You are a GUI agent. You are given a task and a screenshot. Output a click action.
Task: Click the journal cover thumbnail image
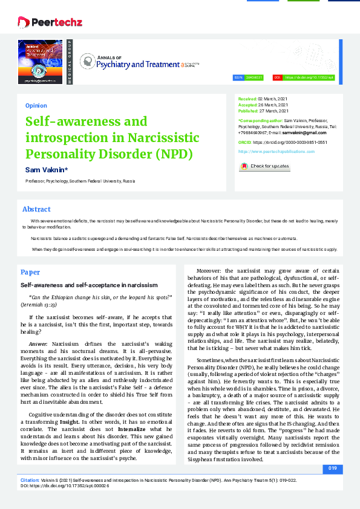tap(40, 62)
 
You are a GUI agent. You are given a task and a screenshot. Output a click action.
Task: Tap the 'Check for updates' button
tap(264, 166)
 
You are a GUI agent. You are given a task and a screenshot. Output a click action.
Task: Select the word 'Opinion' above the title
tap(36, 105)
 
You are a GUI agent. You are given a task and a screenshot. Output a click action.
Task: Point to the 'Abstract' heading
tap(36, 209)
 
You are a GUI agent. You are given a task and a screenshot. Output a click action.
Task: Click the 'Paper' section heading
tap(30, 272)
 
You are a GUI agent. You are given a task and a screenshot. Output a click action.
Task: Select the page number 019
tap(332, 468)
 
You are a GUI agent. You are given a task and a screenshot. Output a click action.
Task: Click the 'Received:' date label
tap(247, 98)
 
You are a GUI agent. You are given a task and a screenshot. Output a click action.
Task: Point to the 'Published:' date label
tap(249, 111)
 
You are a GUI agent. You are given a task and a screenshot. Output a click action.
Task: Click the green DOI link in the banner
tap(309, 78)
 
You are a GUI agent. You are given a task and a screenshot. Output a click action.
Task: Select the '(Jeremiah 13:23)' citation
tap(44, 306)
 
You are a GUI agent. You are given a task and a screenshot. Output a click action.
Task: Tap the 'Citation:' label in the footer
tap(30, 478)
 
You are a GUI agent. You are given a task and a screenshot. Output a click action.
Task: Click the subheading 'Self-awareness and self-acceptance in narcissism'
tap(89, 284)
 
